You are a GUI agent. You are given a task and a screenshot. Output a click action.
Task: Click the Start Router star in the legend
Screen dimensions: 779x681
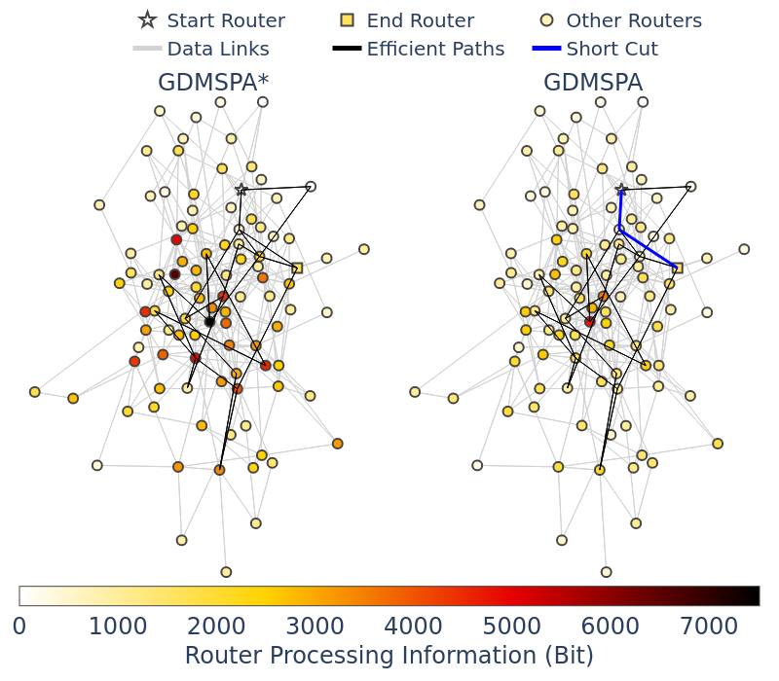pyautogui.click(x=148, y=19)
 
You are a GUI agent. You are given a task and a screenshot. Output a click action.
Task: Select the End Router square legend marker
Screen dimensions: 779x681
pyautogui.click(x=347, y=19)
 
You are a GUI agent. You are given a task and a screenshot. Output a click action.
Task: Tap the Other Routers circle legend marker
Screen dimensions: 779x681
pyautogui.click(x=546, y=19)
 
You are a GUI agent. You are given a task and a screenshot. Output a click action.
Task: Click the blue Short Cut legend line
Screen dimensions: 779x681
pyautogui.click(x=546, y=49)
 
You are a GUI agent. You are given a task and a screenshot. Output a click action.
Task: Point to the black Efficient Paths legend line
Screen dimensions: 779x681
pyautogui.click(x=347, y=49)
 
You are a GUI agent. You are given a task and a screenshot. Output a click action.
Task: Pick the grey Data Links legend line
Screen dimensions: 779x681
pyautogui.click(x=148, y=49)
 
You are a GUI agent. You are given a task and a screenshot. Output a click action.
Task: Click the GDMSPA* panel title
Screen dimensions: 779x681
pyautogui.click(x=213, y=83)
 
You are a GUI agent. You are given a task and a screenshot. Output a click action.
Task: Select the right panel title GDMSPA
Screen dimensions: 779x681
pyautogui.click(x=593, y=83)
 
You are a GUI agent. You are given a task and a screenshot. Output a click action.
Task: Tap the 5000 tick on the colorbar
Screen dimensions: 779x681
pyautogui.click(x=511, y=627)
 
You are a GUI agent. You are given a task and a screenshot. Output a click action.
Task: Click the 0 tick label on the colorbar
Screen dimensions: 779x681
pyautogui.click(x=19, y=627)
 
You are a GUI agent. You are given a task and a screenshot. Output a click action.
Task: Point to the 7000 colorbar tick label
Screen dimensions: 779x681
pyautogui.click(x=709, y=627)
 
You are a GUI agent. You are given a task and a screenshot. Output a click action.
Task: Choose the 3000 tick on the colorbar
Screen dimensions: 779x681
pyautogui.click(x=315, y=627)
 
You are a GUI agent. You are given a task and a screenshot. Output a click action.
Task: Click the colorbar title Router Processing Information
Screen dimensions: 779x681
pyautogui.click(x=360, y=655)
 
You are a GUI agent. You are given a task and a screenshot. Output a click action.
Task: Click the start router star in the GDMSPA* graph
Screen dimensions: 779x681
pyautogui.click(x=241, y=189)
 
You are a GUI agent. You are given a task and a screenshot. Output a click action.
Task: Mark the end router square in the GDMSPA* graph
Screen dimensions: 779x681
pyautogui.click(x=297, y=269)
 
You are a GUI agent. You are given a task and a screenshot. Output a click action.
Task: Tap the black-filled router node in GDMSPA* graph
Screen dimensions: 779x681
pyautogui.click(x=209, y=322)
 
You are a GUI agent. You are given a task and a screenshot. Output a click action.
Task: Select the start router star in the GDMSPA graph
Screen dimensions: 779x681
pyautogui.click(x=621, y=189)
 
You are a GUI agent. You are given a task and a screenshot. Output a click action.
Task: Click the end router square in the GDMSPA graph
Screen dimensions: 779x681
pyautogui.click(x=677, y=269)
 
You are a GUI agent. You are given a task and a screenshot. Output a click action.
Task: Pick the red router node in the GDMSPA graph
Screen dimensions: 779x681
pyautogui.click(x=590, y=322)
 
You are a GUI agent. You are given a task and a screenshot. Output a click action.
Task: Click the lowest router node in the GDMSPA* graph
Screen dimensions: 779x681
pyautogui.click(x=226, y=572)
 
